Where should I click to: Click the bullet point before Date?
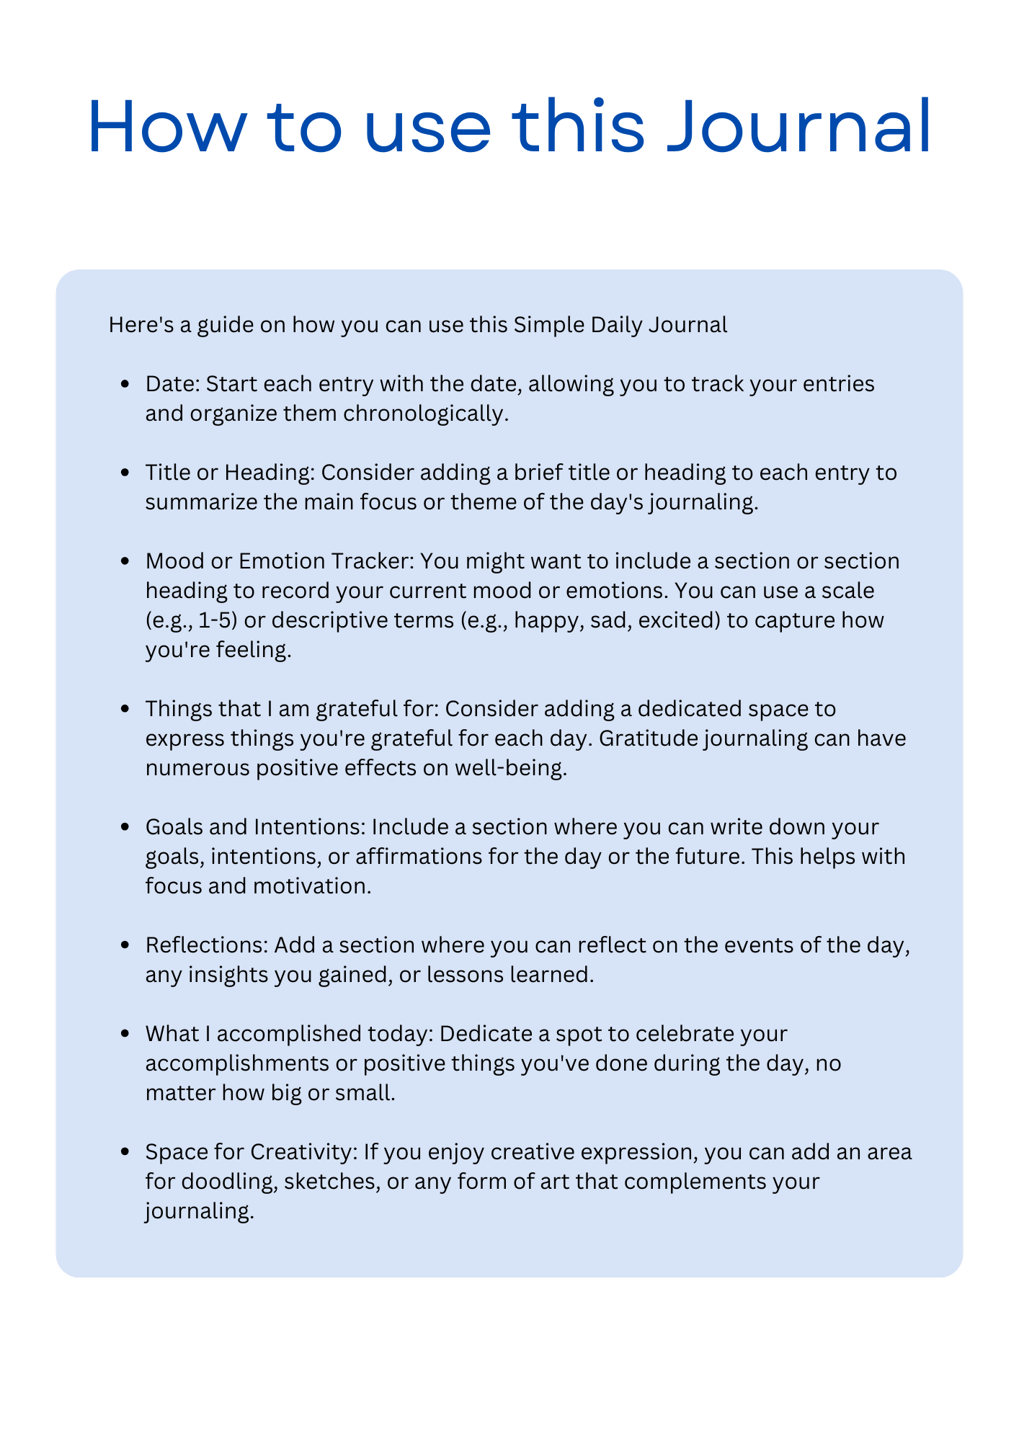point(127,385)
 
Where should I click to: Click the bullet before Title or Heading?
point(127,473)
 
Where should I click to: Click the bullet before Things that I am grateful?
point(127,710)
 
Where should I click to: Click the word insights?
point(223,975)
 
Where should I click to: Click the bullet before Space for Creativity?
point(127,1153)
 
